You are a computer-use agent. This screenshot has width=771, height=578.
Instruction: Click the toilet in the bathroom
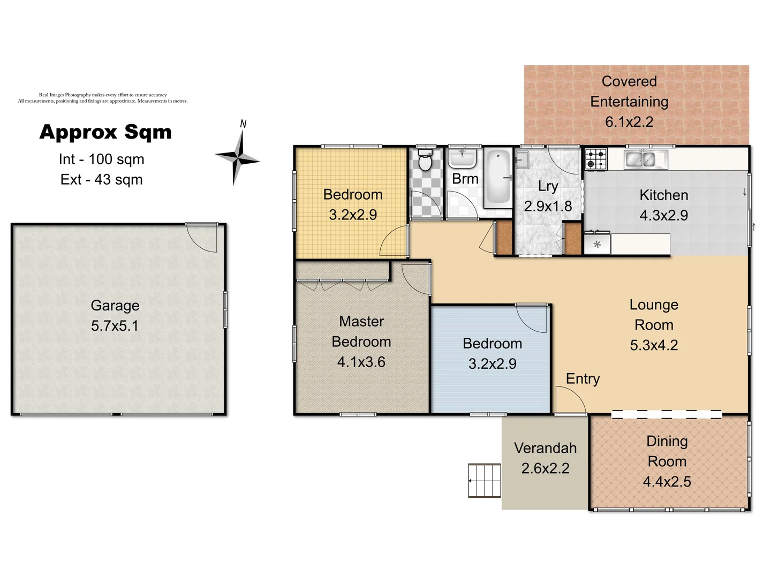[425, 161]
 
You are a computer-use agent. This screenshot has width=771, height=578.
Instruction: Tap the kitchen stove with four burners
[596, 159]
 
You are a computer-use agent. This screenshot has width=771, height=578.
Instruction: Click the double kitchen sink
[641, 159]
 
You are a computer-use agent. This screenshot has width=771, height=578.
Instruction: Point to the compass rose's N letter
[243, 124]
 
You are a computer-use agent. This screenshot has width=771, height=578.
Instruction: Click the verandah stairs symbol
[485, 481]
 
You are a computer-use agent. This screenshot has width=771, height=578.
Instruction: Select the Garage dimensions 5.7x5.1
[115, 325]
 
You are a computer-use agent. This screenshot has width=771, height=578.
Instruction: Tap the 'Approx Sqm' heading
[105, 132]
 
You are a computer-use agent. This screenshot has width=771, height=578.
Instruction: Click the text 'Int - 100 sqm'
[102, 159]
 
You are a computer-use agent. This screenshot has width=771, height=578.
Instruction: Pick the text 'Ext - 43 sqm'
[102, 179]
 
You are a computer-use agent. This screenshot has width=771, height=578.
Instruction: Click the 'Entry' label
[583, 378]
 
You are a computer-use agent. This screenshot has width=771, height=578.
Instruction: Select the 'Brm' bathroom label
[465, 179]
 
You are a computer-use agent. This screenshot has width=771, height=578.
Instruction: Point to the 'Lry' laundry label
[548, 186]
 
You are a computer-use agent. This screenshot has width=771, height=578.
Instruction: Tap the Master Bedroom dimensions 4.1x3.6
[361, 362]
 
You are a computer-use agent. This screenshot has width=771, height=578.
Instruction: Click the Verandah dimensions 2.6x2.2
[545, 468]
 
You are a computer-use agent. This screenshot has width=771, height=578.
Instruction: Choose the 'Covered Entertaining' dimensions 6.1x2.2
[629, 122]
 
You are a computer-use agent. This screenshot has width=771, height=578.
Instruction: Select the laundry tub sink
[522, 159]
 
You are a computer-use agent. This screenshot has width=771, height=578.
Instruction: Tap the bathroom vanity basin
[462, 158]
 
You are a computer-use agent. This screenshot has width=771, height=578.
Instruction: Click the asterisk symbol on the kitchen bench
[597, 245]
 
